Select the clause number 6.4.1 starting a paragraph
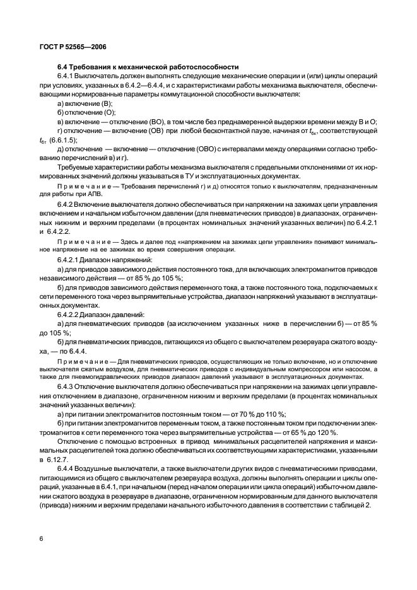click(x=68, y=76)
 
